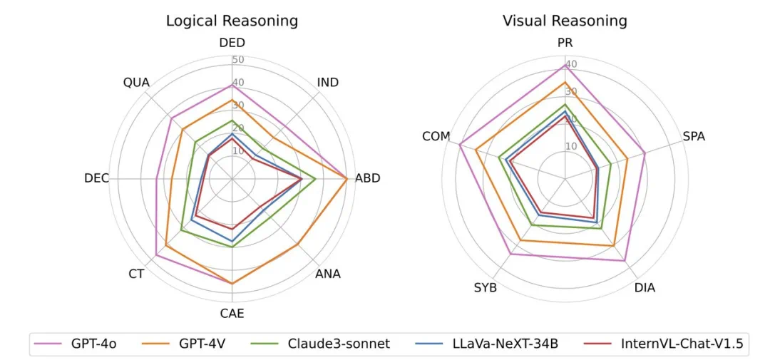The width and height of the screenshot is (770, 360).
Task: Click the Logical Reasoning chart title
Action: pyautogui.click(x=232, y=21)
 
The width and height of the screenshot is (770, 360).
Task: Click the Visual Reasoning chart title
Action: pyautogui.click(x=564, y=21)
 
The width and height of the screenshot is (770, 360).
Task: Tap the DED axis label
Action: pyautogui.click(x=232, y=43)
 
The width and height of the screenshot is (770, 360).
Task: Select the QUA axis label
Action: pyautogui.click(x=136, y=83)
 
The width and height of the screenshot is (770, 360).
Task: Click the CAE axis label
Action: pyautogui.click(x=232, y=313)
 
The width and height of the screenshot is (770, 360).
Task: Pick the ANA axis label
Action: pyautogui.click(x=328, y=274)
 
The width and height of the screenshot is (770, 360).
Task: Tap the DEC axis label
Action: pyautogui.click(x=96, y=178)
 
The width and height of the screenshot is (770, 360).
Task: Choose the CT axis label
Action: pyautogui.click(x=136, y=274)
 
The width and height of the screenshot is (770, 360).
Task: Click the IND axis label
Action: pyautogui.click(x=328, y=83)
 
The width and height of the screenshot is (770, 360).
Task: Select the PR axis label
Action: pyautogui.click(x=565, y=43)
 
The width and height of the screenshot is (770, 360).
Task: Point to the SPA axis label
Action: pyautogui.click(x=694, y=136)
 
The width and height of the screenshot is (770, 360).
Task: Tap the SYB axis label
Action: pyautogui.click(x=485, y=288)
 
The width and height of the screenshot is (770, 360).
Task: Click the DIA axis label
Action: pyautogui.click(x=645, y=288)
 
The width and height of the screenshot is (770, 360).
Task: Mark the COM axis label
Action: pyautogui.click(x=436, y=136)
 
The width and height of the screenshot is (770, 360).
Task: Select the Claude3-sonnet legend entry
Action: pyautogui.click(x=339, y=344)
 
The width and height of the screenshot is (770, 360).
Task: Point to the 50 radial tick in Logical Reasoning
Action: pyautogui.click(x=238, y=59)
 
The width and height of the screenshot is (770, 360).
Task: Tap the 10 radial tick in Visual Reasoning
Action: pyautogui.click(x=571, y=147)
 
